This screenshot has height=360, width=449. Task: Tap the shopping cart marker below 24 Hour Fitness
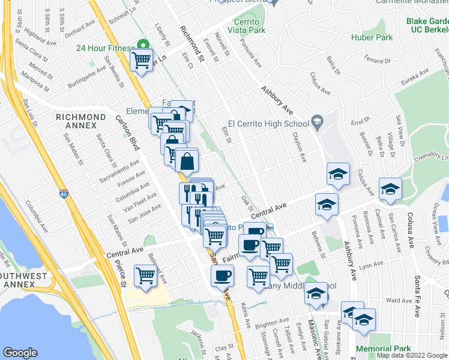coord(141,60)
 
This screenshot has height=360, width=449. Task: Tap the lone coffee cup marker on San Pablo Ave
coord(222,275)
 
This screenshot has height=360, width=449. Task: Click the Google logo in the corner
coord(20,353)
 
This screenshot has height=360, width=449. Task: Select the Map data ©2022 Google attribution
coord(411,355)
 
